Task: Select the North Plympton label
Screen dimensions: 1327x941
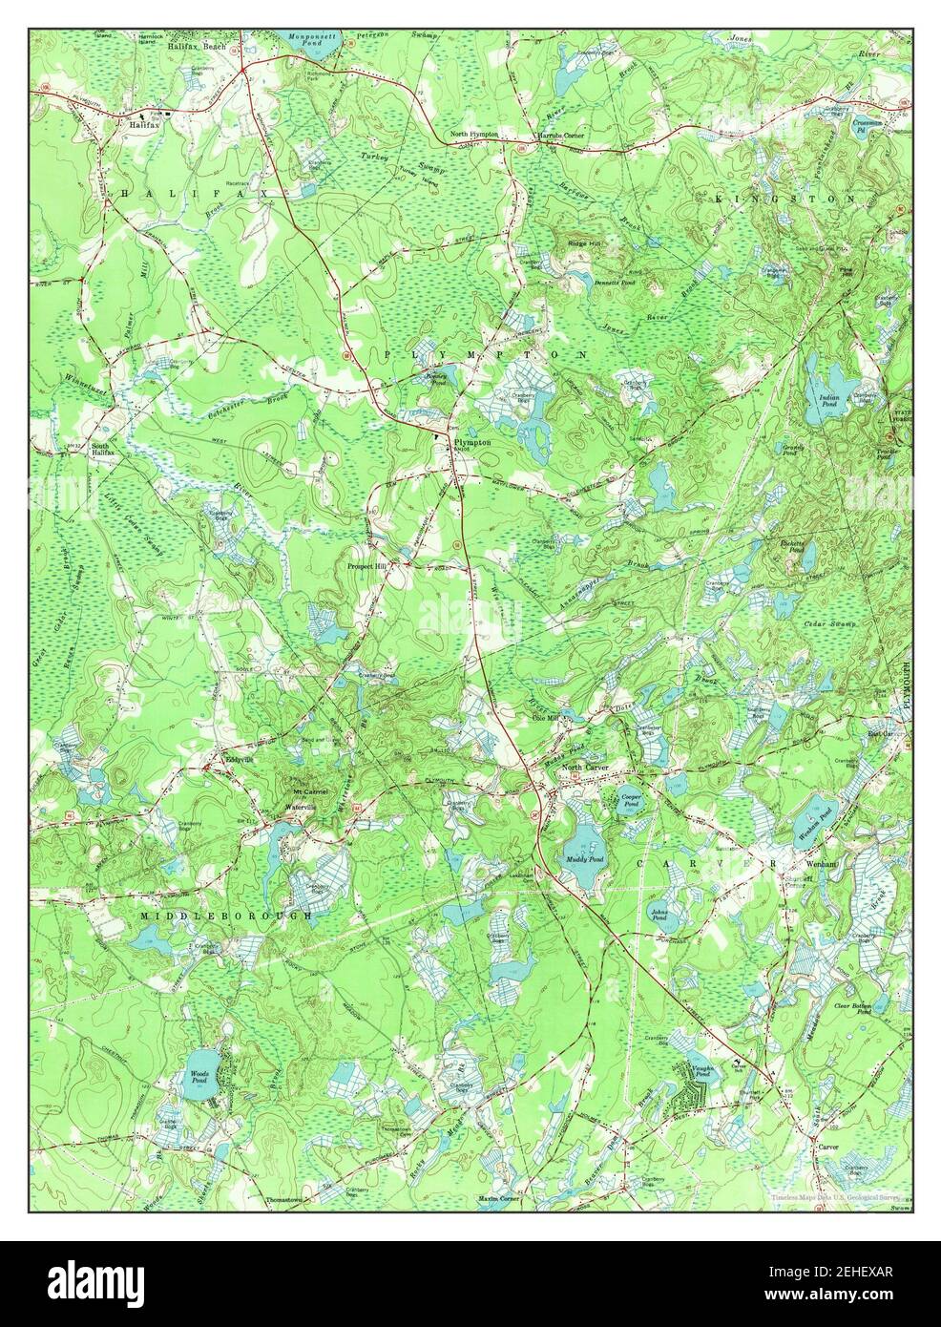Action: [474, 135]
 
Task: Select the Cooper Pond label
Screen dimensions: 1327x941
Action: [630, 799]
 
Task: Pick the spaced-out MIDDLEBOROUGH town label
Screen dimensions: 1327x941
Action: [226, 916]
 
